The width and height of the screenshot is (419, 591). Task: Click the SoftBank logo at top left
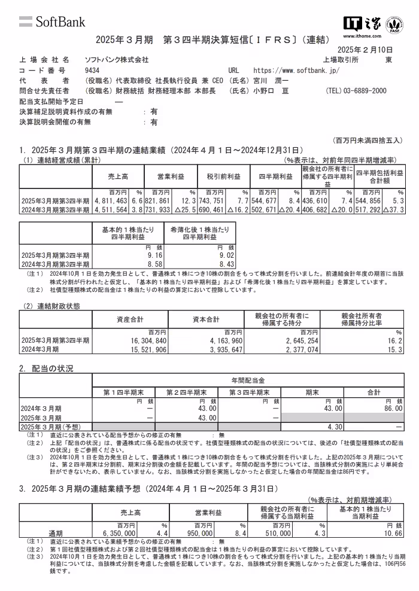point(52,22)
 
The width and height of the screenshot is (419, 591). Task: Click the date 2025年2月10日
point(365,49)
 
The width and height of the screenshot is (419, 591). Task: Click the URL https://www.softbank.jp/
point(296,70)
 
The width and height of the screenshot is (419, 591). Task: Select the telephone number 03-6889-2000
point(356,91)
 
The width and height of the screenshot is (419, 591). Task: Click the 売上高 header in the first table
point(118,177)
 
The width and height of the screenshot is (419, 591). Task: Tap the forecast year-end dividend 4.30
point(334,427)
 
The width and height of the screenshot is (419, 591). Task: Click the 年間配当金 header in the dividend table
point(248,380)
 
